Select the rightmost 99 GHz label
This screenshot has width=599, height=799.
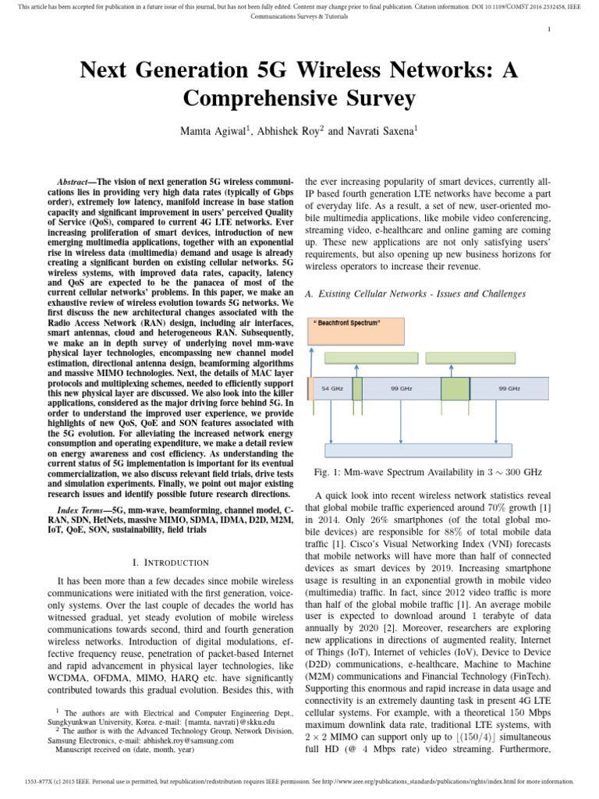point(509,388)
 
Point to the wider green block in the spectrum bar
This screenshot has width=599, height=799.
point(455,388)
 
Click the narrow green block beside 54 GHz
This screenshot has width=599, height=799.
point(357,388)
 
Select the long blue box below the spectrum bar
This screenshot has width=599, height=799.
point(418,449)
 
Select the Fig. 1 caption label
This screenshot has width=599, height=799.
point(326,473)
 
